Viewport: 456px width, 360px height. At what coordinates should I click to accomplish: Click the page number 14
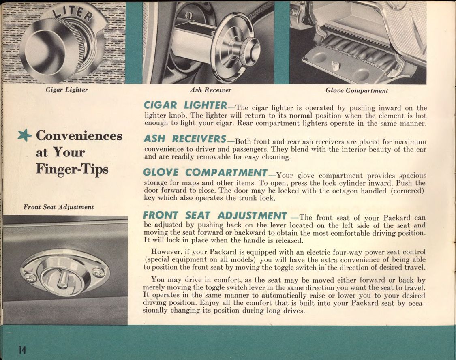click(x=21, y=350)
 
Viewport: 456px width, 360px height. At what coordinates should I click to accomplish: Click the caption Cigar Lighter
click(x=67, y=90)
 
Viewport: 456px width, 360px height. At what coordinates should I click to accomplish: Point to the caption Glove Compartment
click(x=357, y=91)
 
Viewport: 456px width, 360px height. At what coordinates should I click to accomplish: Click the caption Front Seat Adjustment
click(x=58, y=207)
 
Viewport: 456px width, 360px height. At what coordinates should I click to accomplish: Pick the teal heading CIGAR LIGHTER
click(x=185, y=105)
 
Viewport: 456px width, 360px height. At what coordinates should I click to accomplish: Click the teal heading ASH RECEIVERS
click(x=185, y=139)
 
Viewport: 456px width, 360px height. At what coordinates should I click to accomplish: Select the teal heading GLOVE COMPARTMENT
click(x=205, y=173)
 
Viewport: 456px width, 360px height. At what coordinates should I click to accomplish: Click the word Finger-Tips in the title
click(x=72, y=168)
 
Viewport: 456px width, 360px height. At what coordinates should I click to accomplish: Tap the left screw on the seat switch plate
click(x=31, y=278)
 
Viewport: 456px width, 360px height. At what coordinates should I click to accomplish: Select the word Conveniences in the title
click(x=79, y=136)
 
